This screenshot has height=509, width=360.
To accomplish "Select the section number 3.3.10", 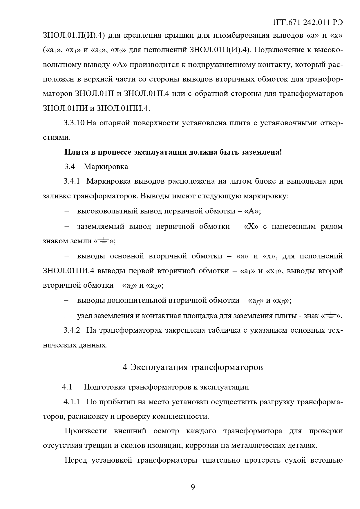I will pyautogui.click(x=74, y=123).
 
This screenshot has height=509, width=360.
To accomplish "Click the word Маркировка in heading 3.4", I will pyautogui.click(x=106, y=167).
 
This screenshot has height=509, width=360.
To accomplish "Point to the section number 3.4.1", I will pyautogui.click(x=72, y=181).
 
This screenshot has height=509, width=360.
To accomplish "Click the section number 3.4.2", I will pyautogui.click(x=72, y=330).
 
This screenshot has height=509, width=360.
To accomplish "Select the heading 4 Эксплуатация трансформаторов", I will pyautogui.click(x=193, y=367).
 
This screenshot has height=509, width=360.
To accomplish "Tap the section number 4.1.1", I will pyautogui.click(x=71, y=402).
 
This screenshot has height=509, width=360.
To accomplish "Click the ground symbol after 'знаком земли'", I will pyautogui.click(x=103, y=240).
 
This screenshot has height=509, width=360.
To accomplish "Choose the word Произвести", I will pyautogui.click(x=86, y=431).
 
